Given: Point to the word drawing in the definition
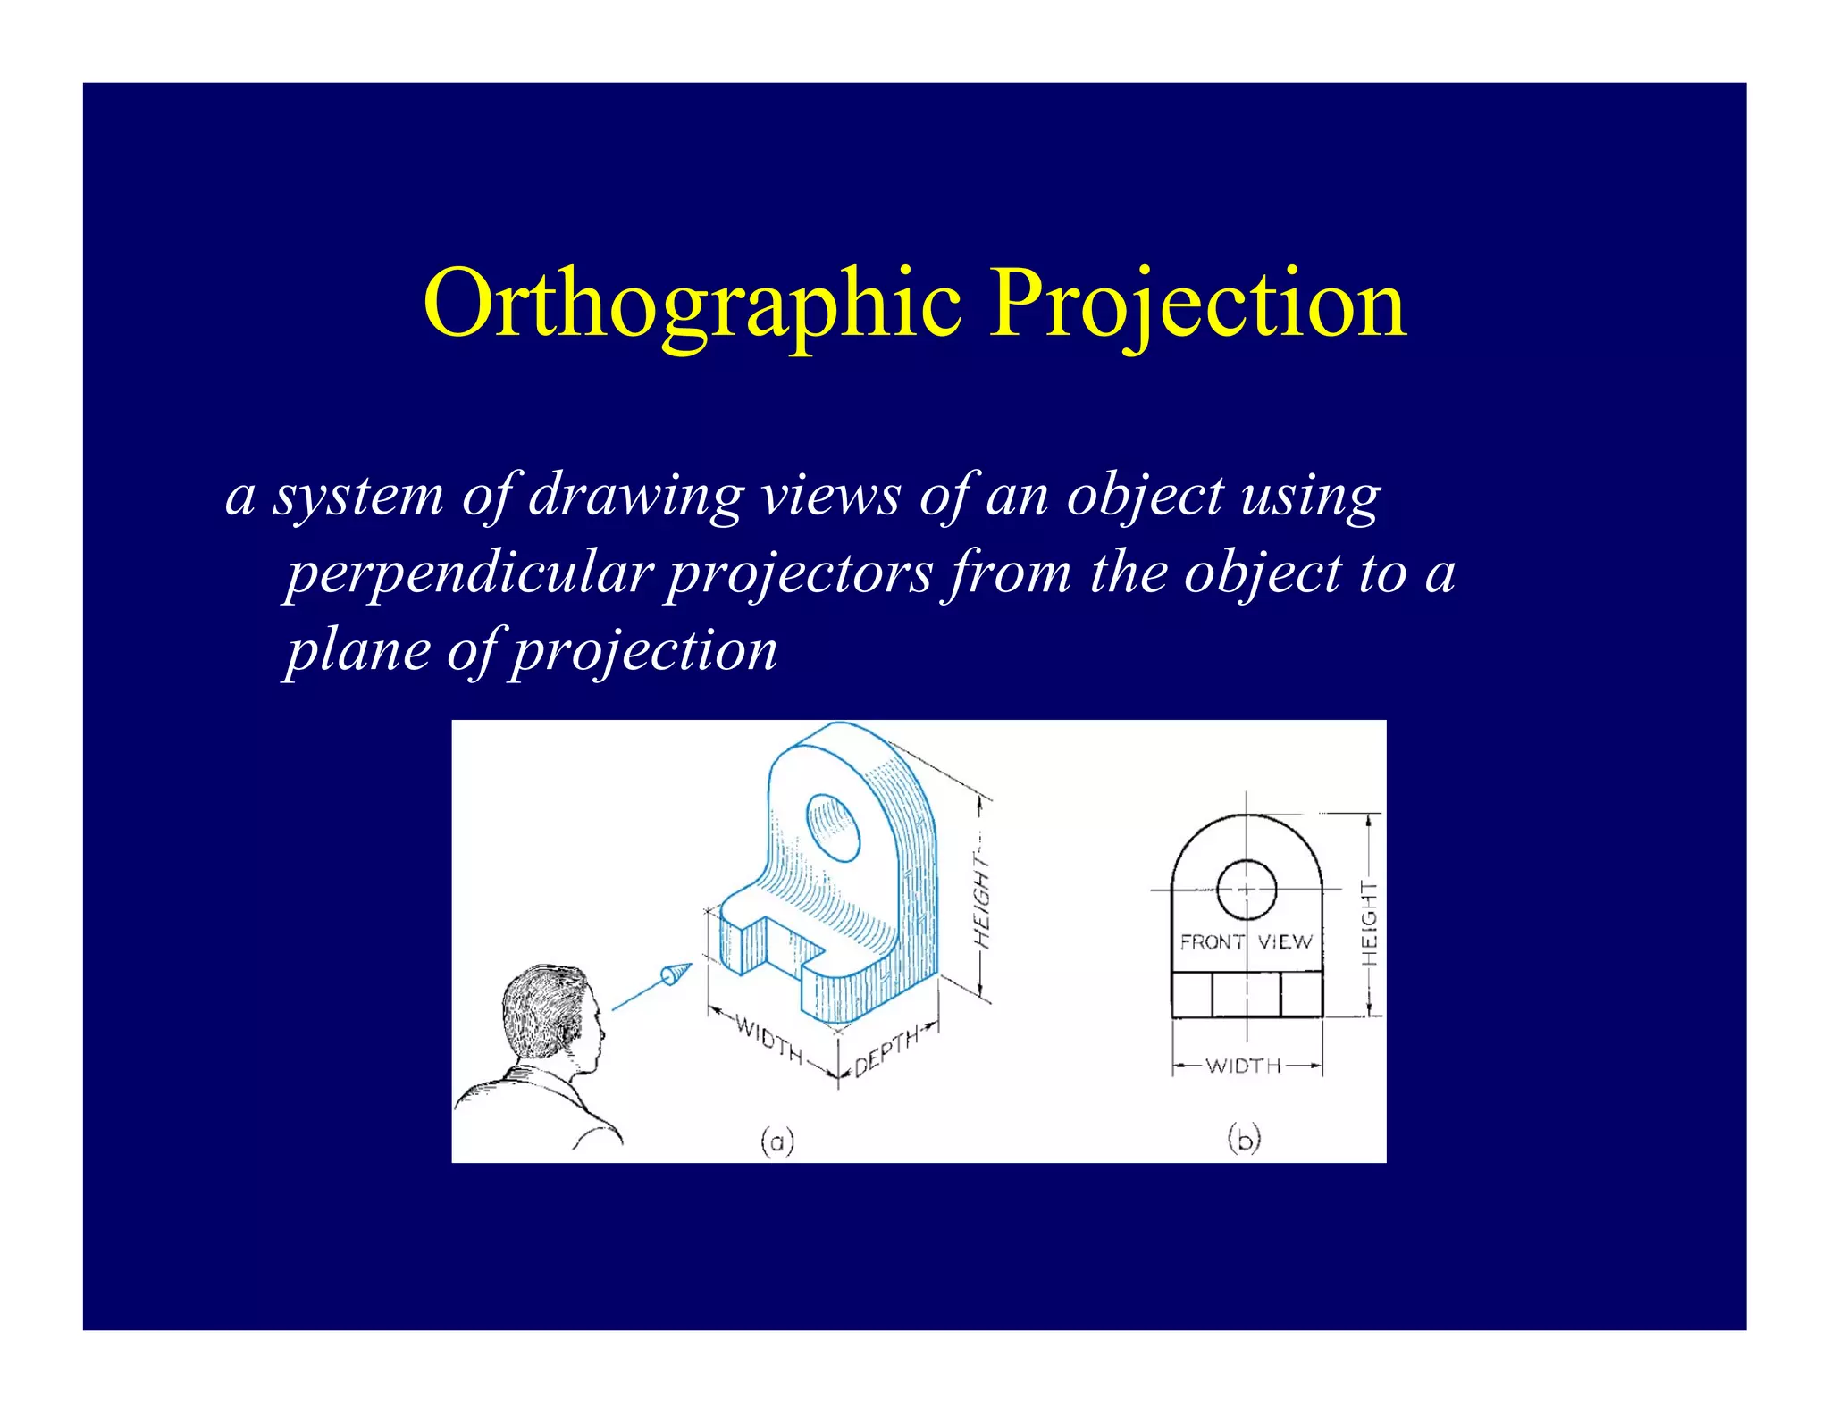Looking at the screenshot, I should coord(636,496).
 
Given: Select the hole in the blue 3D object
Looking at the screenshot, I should coord(833,826).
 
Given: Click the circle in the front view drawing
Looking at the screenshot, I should coord(1247,890).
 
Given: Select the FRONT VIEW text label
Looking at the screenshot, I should coord(1246,942).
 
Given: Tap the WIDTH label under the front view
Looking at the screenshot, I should coord(1244,1066).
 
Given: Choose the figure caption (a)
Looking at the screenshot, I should coord(777,1141).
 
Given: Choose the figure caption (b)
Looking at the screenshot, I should coord(1244,1139).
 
